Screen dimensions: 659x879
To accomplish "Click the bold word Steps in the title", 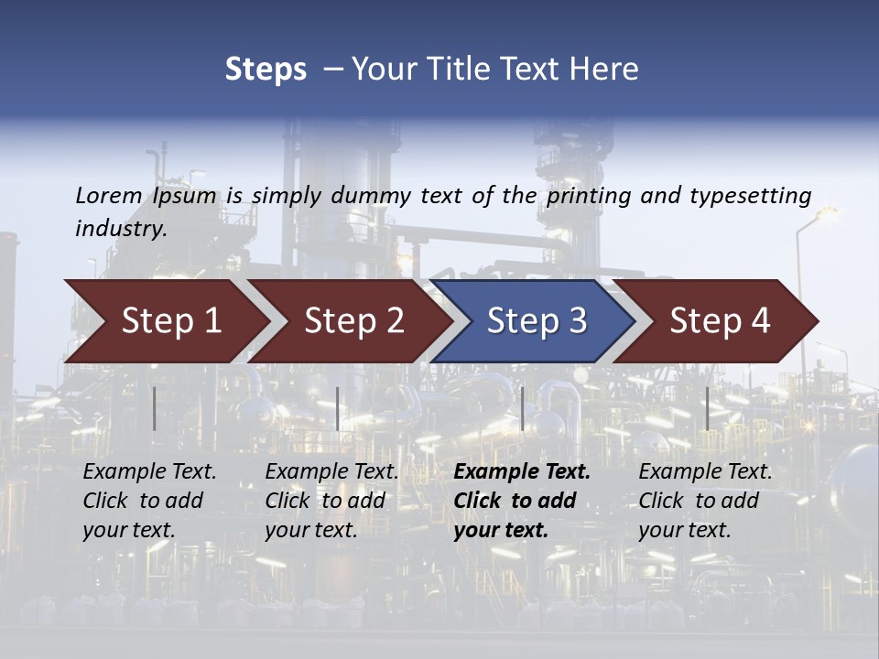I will point(266,70).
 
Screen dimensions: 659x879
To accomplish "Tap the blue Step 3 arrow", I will point(537,321).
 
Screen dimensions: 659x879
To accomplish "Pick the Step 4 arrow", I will point(720,321).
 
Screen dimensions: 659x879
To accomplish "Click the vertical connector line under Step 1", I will point(154,408).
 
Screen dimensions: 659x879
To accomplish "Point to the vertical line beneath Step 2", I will point(338,408).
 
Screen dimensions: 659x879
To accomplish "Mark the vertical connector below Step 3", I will point(522,408).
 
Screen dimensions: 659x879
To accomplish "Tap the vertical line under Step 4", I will point(707,408).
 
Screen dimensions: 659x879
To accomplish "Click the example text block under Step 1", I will point(149,501).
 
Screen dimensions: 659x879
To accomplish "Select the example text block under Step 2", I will point(331,501).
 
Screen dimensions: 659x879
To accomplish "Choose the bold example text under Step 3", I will point(522,501).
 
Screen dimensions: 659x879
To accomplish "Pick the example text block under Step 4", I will point(705,501).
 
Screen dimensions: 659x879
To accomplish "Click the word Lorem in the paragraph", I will point(109,195).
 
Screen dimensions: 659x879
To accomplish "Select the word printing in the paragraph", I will point(590,196).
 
